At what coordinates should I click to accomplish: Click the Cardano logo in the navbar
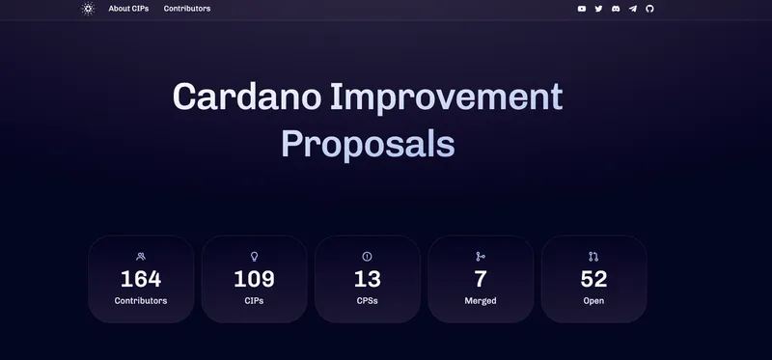point(88,9)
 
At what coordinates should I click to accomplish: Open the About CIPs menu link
point(128,9)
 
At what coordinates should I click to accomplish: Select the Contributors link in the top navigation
point(187,9)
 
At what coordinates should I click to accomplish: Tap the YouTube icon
point(582,9)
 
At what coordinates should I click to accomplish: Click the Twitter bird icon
point(598,9)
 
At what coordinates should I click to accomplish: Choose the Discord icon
point(616,9)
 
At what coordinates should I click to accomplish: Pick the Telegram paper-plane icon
point(633,9)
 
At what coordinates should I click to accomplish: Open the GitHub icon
point(649,9)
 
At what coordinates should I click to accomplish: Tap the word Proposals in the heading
point(368,144)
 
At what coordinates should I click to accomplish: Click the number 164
point(141,280)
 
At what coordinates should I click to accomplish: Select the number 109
point(254,280)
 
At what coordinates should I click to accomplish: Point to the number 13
point(367,280)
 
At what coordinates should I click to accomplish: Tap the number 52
point(593,280)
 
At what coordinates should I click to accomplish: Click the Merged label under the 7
point(480,301)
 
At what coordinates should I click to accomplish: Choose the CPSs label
point(367,301)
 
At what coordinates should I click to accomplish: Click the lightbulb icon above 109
point(254,257)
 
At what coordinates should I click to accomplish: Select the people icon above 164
point(141,257)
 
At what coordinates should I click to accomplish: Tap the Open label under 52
point(593,301)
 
